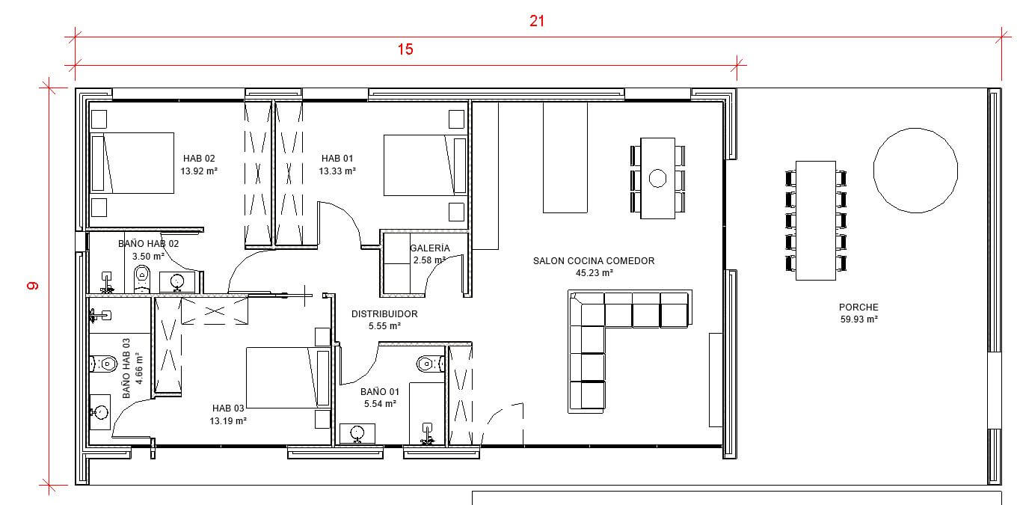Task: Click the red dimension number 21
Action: (x=537, y=21)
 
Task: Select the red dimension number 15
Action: (x=405, y=49)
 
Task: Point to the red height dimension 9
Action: (x=32, y=286)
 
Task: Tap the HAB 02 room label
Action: (x=199, y=159)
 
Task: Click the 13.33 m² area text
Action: (x=337, y=171)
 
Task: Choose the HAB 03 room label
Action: (x=228, y=408)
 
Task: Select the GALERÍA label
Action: (x=430, y=248)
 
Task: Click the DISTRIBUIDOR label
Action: (x=384, y=314)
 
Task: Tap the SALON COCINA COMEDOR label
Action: (x=594, y=261)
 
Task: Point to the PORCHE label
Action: (x=858, y=307)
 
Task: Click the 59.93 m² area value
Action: (x=858, y=319)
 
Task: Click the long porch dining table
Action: (x=816, y=221)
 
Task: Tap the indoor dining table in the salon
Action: (x=657, y=178)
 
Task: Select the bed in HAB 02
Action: (x=132, y=163)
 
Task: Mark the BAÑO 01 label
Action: (x=380, y=392)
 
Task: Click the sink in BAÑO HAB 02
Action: (x=176, y=281)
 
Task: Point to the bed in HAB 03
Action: (x=288, y=378)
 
